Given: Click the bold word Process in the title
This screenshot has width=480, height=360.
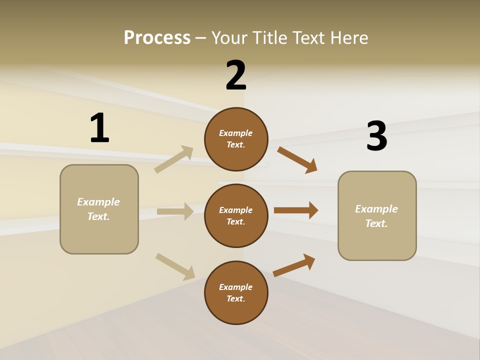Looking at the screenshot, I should click(157, 37).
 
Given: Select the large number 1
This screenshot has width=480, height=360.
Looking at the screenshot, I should click(99, 128).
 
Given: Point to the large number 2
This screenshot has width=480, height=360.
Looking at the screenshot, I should click(236, 76).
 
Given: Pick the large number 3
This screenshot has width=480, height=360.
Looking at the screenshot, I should click(377, 136).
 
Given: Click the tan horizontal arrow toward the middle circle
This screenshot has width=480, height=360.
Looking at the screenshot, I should click(175, 211).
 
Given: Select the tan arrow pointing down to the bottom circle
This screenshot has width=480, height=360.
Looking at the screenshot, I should click(175, 266).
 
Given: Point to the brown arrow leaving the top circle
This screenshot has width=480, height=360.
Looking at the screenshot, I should click(297, 160).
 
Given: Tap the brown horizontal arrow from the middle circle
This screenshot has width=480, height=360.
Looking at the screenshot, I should click(295, 210).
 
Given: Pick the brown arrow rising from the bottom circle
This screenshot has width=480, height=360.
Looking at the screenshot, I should click(294, 265).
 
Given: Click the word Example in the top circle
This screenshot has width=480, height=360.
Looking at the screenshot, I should click(236, 133).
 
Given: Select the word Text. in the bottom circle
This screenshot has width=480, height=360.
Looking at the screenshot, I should click(236, 298).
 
